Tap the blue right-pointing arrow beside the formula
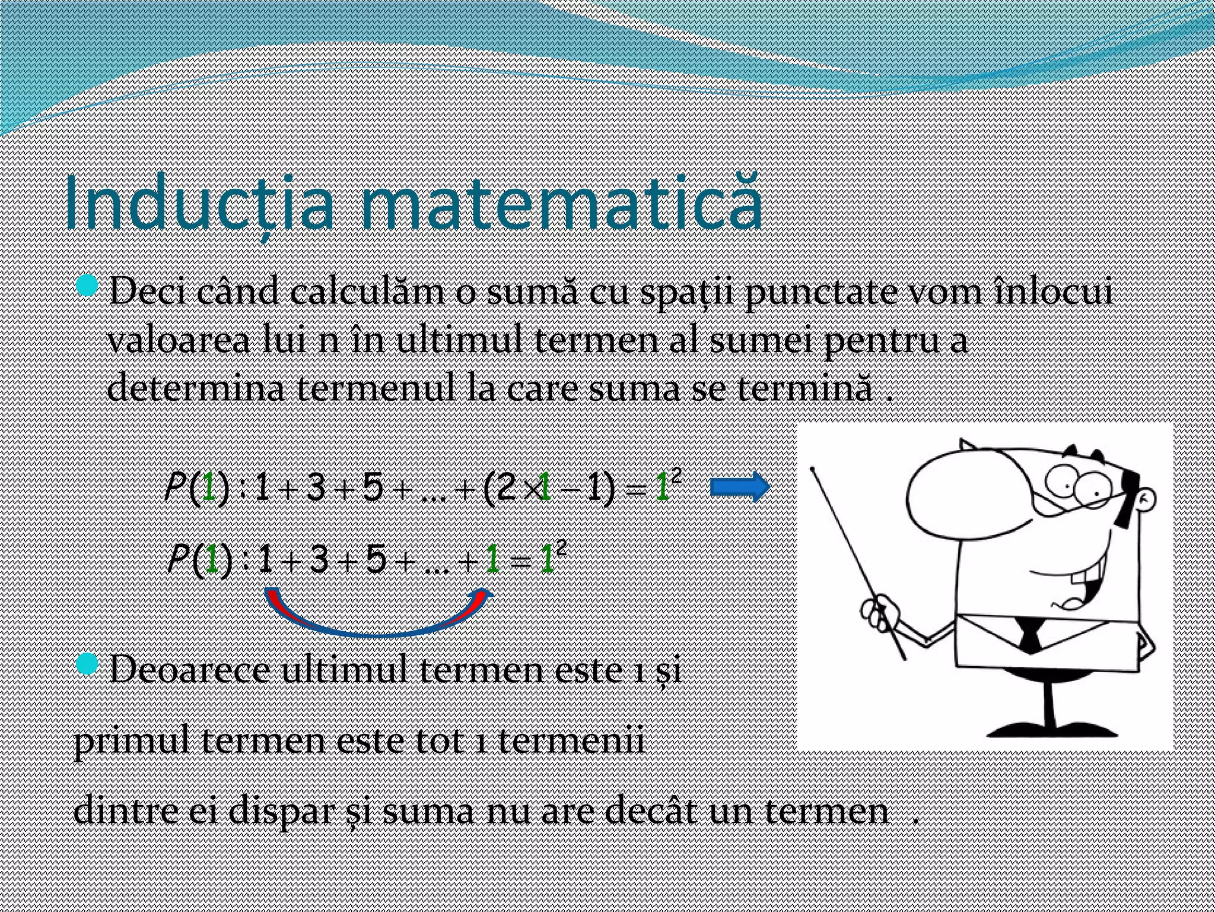pyautogui.click(x=739, y=487)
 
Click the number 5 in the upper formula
pyautogui.click(x=372, y=489)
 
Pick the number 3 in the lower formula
pyautogui.click(x=319, y=560)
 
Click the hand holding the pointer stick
pyautogui.click(x=880, y=614)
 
